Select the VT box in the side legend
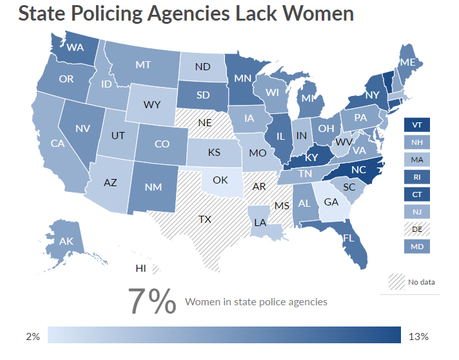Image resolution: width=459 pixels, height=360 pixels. pyautogui.click(x=416, y=124)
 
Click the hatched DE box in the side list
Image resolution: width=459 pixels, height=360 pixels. pyautogui.click(x=416, y=228)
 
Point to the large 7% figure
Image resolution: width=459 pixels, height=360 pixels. pyautogui.click(x=151, y=301)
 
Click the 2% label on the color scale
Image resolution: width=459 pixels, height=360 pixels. pyautogui.click(x=33, y=337)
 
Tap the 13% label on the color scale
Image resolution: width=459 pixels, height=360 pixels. pyautogui.click(x=418, y=337)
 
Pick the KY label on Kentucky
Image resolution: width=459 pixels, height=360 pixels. pyautogui.click(x=311, y=157)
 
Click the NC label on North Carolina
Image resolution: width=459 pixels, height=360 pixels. pyautogui.click(x=359, y=169)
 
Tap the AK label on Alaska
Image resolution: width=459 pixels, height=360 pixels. pyautogui.click(x=66, y=241)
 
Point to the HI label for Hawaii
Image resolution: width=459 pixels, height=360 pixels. pyautogui.click(x=140, y=268)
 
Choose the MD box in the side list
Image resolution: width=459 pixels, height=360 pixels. pyautogui.click(x=416, y=245)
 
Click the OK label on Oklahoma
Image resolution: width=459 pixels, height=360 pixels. pyautogui.click(x=220, y=180)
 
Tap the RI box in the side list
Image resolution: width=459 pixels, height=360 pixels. pyautogui.click(x=416, y=176)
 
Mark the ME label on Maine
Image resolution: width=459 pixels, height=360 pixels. pyautogui.click(x=407, y=62)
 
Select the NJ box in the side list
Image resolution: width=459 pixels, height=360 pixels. pyautogui.click(x=416, y=211)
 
